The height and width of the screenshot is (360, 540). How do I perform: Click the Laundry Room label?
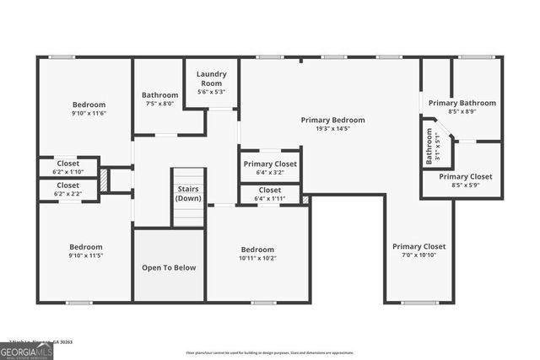(211, 78)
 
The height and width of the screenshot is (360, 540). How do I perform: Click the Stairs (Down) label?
(187, 194)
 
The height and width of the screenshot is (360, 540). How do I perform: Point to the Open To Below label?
(168, 268)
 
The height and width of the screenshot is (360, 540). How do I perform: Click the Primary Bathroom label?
(462, 103)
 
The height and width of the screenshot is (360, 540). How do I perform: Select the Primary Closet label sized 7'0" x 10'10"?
(418, 246)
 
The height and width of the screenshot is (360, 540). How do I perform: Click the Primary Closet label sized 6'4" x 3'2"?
(270, 164)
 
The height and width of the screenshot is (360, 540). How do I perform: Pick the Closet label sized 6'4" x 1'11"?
(270, 191)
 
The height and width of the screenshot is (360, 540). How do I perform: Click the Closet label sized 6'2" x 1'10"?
(68, 164)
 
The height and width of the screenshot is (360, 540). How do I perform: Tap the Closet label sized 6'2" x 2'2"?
(68, 185)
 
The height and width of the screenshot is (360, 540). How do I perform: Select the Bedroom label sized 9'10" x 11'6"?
(88, 105)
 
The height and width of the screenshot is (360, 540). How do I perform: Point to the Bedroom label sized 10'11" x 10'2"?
(257, 250)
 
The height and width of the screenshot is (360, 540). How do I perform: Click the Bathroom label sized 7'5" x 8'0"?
(159, 95)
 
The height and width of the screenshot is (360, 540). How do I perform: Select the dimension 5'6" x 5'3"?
(211, 92)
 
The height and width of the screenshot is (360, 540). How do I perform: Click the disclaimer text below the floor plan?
(270, 352)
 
